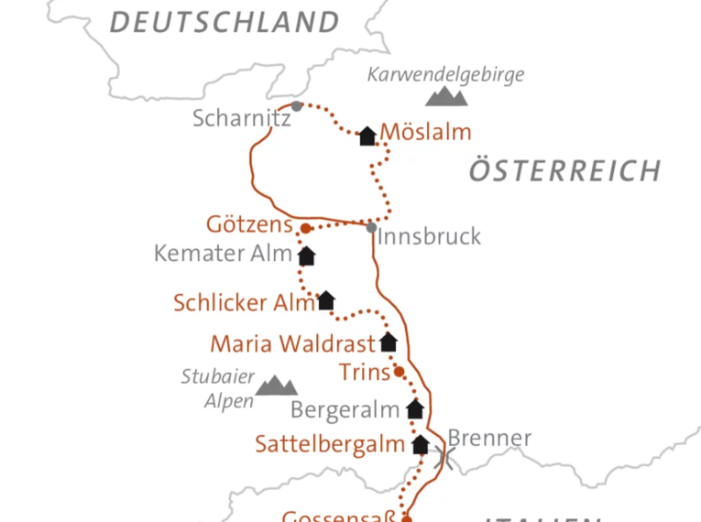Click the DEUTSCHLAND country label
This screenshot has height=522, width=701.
point(225,21)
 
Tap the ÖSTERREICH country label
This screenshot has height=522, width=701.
point(564,170)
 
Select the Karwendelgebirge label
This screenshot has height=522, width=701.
point(445,74)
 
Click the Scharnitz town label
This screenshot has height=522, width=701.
point(242,118)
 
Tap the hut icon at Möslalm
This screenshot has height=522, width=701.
point(367,136)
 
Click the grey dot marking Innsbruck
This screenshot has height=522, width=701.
point(371,226)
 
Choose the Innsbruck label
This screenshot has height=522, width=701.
point(429,236)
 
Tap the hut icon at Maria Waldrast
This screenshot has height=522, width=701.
point(388,343)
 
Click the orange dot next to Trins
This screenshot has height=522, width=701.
point(399,371)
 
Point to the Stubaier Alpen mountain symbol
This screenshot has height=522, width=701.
point(275,386)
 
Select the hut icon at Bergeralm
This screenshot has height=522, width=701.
point(415,408)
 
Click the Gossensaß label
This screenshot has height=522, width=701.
point(339,516)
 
